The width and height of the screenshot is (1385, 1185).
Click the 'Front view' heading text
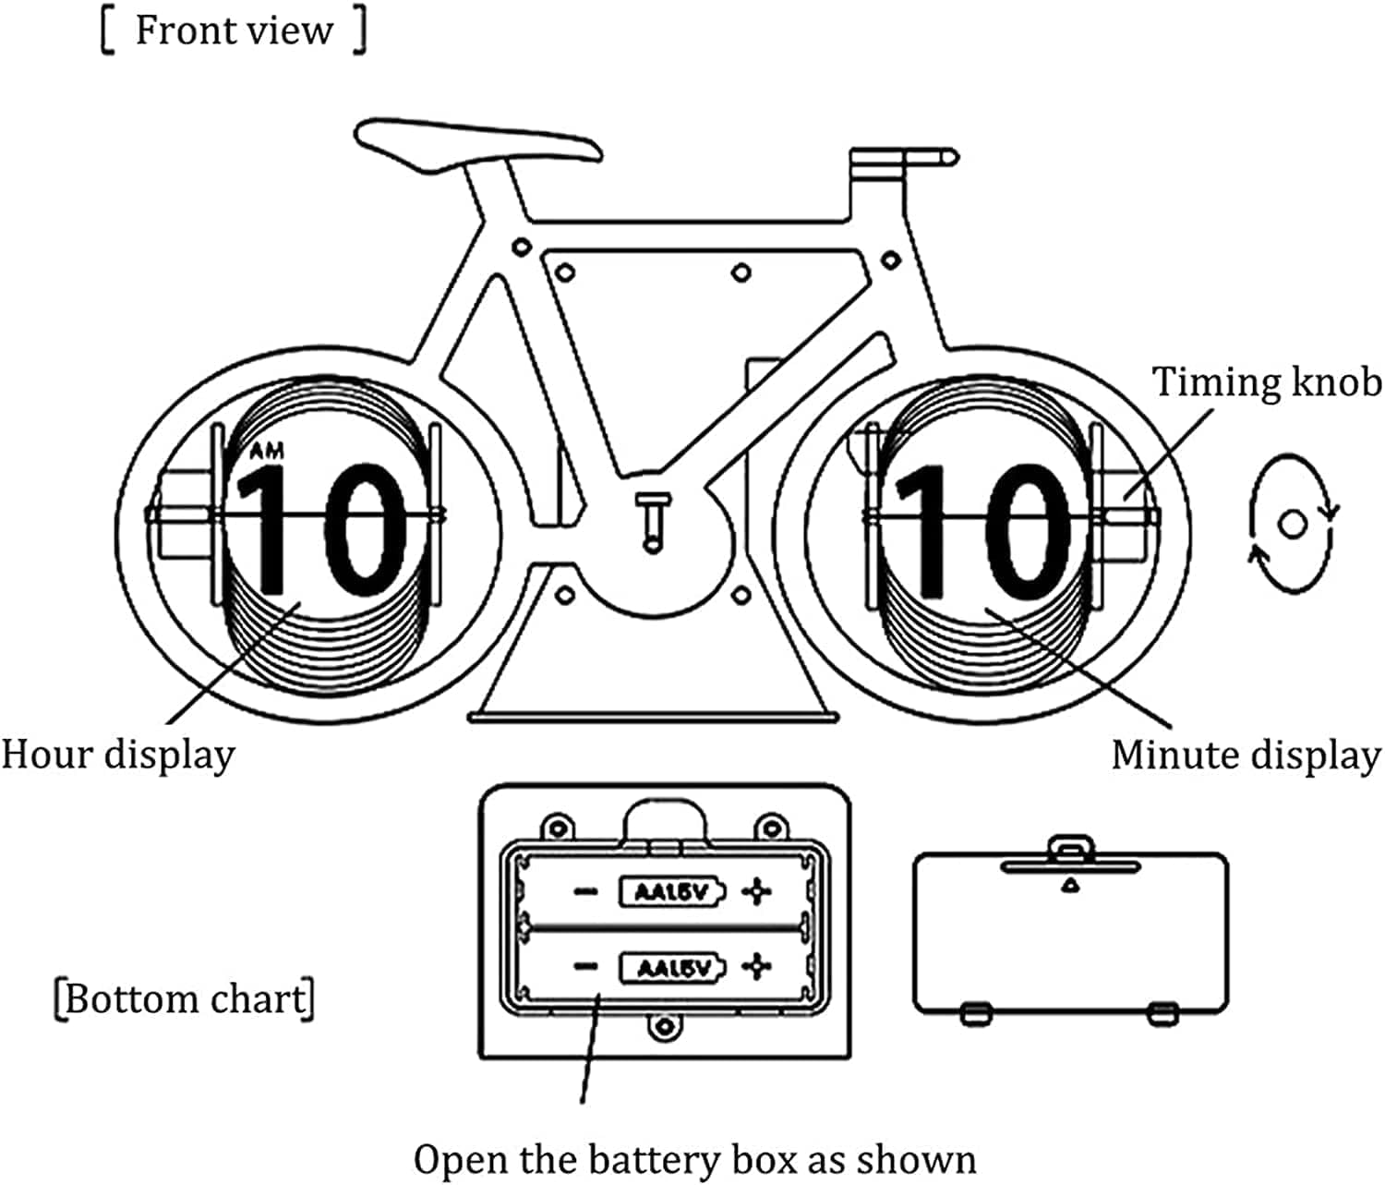point(234,30)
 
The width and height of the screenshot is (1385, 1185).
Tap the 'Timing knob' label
point(1267,381)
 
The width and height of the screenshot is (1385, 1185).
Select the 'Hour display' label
point(118,755)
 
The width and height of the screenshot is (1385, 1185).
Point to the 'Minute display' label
point(1246,755)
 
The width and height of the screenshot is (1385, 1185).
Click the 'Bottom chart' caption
point(185,999)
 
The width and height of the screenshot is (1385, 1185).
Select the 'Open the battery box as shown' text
point(694,1159)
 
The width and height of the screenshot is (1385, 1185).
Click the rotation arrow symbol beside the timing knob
point(1292,524)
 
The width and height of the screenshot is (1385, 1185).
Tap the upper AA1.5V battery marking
point(671,892)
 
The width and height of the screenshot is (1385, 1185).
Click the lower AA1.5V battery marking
point(671,968)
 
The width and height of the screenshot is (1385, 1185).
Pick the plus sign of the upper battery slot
point(757,892)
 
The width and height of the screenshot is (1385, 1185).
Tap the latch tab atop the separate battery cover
point(1070,847)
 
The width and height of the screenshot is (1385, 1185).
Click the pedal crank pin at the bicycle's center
point(653,522)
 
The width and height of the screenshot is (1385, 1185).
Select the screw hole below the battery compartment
point(662,1026)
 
